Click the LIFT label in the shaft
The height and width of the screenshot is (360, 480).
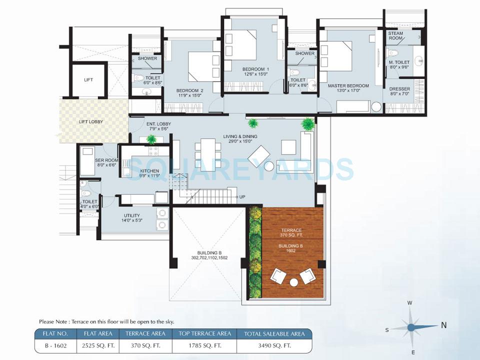click(x=88, y=79)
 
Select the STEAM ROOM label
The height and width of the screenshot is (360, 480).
click(x=396, y=36)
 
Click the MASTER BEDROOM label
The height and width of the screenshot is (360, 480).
click(x=348, y=85)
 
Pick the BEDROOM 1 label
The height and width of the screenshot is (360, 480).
click(x=256, y=69)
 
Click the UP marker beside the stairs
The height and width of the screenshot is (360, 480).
click(x=242, y=197)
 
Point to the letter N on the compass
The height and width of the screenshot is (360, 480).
click(x=443, y=325)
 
